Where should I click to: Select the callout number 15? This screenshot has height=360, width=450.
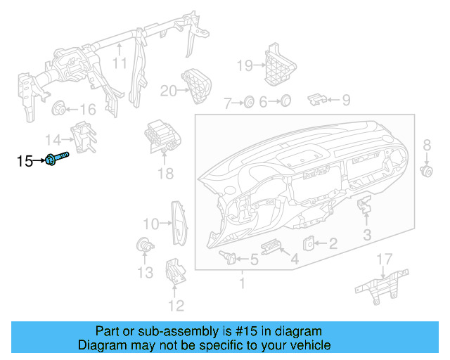tap(25, 162)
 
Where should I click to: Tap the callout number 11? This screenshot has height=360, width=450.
tap(120, 63)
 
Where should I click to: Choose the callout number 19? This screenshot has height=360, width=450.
tap(243, 66)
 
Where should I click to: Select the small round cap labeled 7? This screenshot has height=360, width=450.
tap(248, 103)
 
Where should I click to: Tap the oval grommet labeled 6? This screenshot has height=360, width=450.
tap(284, 102)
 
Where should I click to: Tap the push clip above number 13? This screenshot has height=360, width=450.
tap(144, 245)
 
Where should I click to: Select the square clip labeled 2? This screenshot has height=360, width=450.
tap(309, 243)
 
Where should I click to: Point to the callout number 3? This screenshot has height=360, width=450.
tap(367, 234)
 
